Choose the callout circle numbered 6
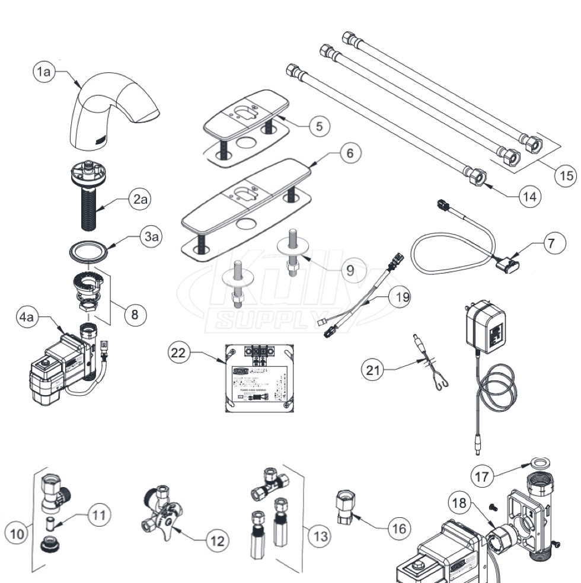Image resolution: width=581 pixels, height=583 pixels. click(350, 153)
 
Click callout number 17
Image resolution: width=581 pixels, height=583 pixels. click(483, 475)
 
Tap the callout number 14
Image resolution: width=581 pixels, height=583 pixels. click(529, 197)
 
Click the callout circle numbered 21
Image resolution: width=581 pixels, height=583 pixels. click(373, 370)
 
